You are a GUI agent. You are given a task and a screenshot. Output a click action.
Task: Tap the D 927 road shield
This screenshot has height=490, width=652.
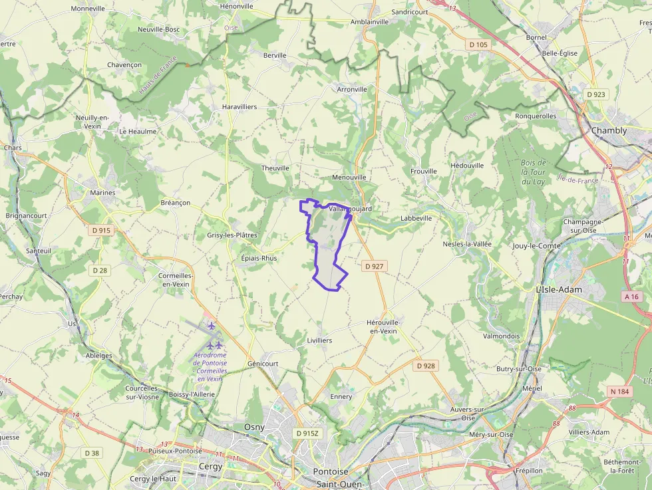375,266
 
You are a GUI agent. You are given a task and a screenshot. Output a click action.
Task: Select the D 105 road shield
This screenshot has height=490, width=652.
478,45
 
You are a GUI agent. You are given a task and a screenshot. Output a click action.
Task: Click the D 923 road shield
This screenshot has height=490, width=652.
596,94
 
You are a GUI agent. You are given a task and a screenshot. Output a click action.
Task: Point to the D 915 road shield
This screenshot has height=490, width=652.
101,230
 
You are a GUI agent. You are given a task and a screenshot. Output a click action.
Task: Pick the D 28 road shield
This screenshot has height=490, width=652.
100,270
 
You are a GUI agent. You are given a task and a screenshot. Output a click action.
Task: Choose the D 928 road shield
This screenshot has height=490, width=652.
425,366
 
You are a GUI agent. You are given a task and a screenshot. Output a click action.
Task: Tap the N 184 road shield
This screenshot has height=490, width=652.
619,392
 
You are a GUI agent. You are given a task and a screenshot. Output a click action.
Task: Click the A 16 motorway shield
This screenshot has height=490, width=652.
631,296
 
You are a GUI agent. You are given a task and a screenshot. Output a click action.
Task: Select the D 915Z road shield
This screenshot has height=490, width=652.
307,433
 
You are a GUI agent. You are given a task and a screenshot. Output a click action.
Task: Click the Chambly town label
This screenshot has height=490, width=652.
609,131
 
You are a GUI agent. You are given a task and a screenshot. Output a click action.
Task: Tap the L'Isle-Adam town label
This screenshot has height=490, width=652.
559,289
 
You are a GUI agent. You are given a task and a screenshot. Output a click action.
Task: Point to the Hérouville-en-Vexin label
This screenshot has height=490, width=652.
382,326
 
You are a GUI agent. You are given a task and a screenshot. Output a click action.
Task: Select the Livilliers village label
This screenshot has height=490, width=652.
319,340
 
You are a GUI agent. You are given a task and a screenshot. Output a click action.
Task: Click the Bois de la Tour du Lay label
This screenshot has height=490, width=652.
534,172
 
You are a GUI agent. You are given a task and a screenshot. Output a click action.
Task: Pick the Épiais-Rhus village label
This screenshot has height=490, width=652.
259,258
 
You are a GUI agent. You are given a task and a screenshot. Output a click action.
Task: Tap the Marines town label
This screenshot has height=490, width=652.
102,193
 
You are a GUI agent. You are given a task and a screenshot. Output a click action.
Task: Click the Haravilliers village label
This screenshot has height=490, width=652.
240,106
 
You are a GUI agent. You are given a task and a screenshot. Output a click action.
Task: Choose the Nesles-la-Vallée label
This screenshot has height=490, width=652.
467,244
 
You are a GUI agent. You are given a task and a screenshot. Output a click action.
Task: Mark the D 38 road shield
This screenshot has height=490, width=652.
92,453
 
